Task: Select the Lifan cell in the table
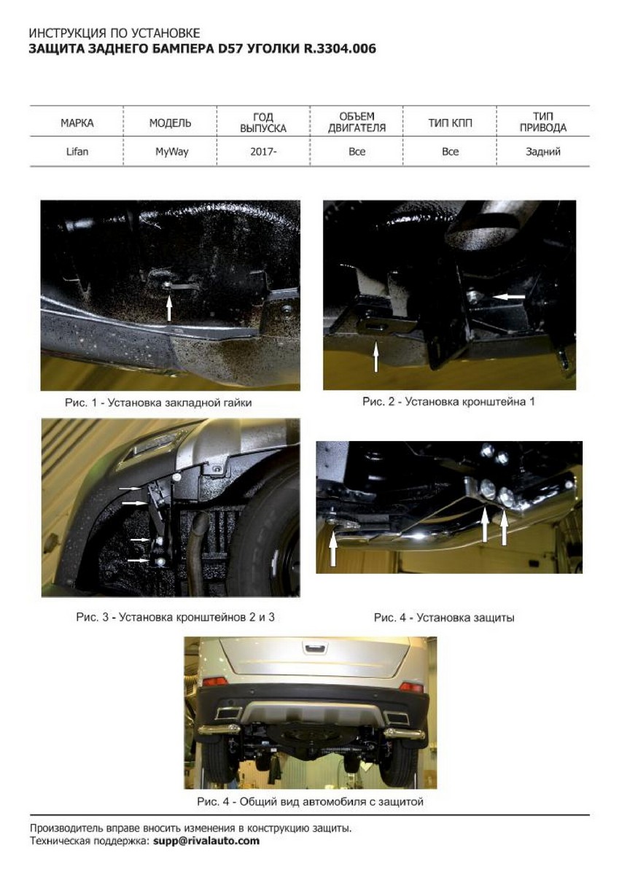77,152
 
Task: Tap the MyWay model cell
171,152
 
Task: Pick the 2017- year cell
263,152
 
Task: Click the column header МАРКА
77,123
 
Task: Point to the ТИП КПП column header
450,123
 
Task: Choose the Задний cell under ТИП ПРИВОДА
543,152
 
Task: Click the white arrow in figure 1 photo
169,308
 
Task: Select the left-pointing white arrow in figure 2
509,297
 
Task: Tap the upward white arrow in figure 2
375,357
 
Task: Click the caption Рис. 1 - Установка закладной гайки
158,402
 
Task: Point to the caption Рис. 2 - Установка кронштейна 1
448,401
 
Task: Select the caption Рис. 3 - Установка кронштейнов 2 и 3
176,617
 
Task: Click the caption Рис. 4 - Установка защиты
444,618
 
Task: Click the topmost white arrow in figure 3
130,489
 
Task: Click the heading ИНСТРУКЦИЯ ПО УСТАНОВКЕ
114,34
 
